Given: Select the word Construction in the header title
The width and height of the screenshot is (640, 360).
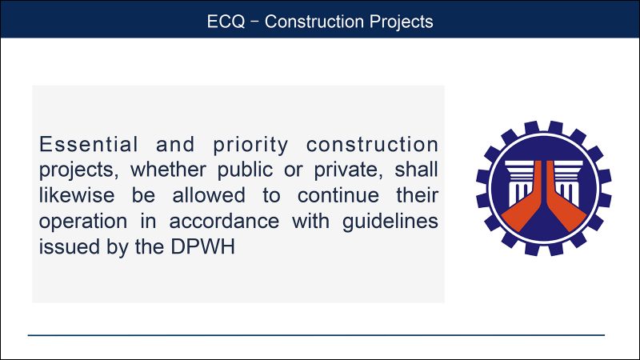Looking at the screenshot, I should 307,22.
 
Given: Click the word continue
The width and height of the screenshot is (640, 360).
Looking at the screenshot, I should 330,196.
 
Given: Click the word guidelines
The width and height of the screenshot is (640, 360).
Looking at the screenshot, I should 392,222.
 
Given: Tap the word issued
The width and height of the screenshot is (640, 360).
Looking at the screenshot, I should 63,247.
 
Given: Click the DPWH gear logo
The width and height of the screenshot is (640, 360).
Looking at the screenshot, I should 543,189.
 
